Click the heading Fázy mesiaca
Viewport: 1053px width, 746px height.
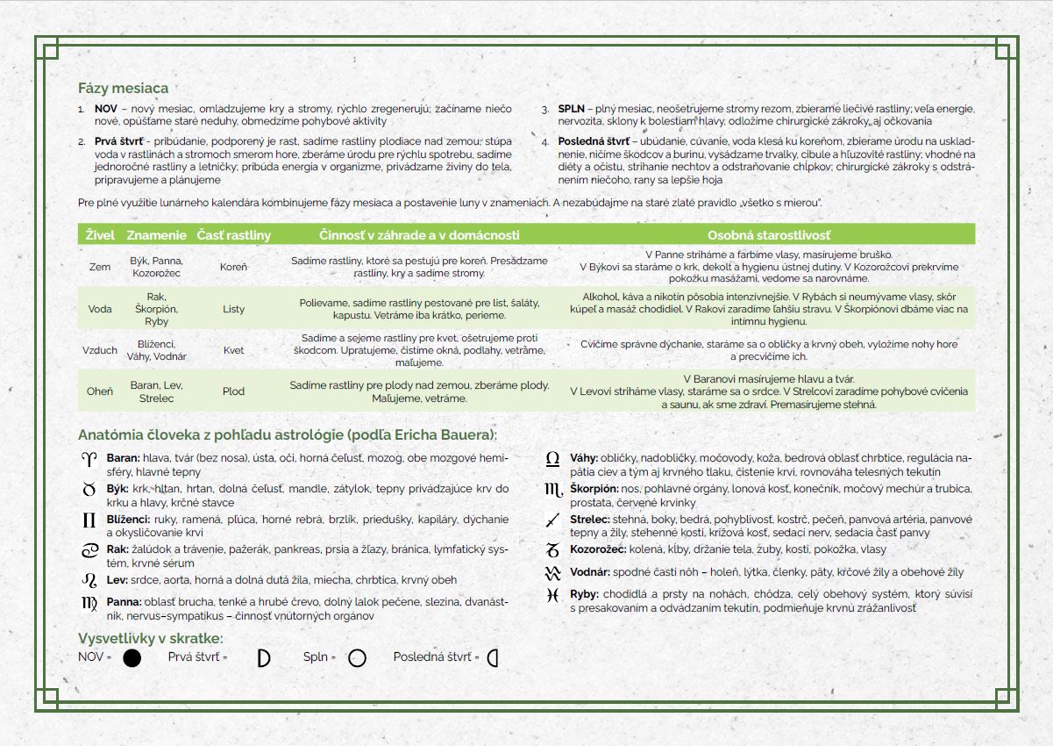coord(123,88)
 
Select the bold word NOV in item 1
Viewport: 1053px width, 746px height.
coord(106,109)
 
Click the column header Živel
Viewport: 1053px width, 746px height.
coord(99,235)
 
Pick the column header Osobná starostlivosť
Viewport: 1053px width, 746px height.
coord(769,235)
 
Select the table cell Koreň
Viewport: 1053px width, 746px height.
coord(234,267)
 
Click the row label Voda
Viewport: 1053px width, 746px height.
coord(100,309)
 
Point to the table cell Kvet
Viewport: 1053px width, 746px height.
coord(234,350)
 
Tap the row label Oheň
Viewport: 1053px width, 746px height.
coord(100,391)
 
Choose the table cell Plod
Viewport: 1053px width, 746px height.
coord(234,391)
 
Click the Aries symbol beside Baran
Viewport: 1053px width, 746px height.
coord(89,458)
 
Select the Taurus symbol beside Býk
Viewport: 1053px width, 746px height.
coord(89,489)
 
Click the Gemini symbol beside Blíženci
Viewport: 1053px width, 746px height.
coord(89,520)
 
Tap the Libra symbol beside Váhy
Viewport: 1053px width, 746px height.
coord(552,458)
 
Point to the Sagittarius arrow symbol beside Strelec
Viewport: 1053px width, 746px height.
coord(552,520)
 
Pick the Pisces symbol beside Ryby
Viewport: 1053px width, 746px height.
coord(552,595)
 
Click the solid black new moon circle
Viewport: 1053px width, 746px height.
coord(132,658)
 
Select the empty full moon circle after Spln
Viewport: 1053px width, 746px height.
coord(357,658)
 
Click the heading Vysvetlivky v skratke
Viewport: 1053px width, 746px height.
coord(150,638)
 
